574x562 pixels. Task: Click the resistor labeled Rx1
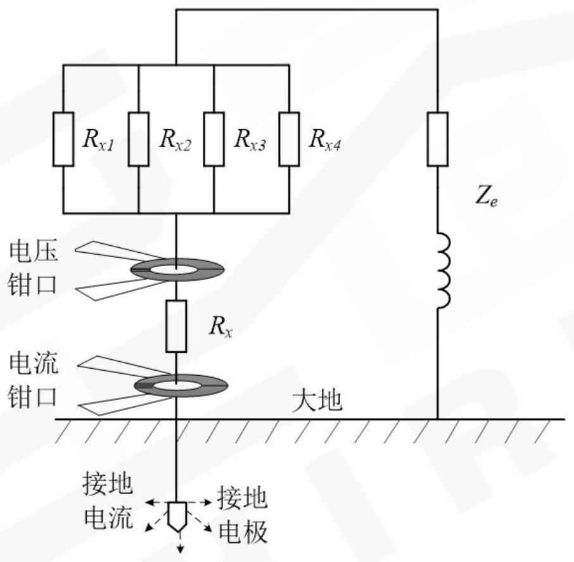tap(63, 139)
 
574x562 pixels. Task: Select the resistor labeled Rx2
tap(138, 139)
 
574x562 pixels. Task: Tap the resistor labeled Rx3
tap(214, 139)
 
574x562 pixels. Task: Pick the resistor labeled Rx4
tap(289, 139)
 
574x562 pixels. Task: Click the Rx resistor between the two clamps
tap(176, 326)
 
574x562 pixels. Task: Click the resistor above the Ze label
tap(437, 139)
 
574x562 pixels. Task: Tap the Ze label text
tap(487, 201)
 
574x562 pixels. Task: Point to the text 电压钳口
tap(33, 268)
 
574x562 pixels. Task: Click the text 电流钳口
tap(33, 380)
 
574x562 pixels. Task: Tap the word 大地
tap(317, 400)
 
